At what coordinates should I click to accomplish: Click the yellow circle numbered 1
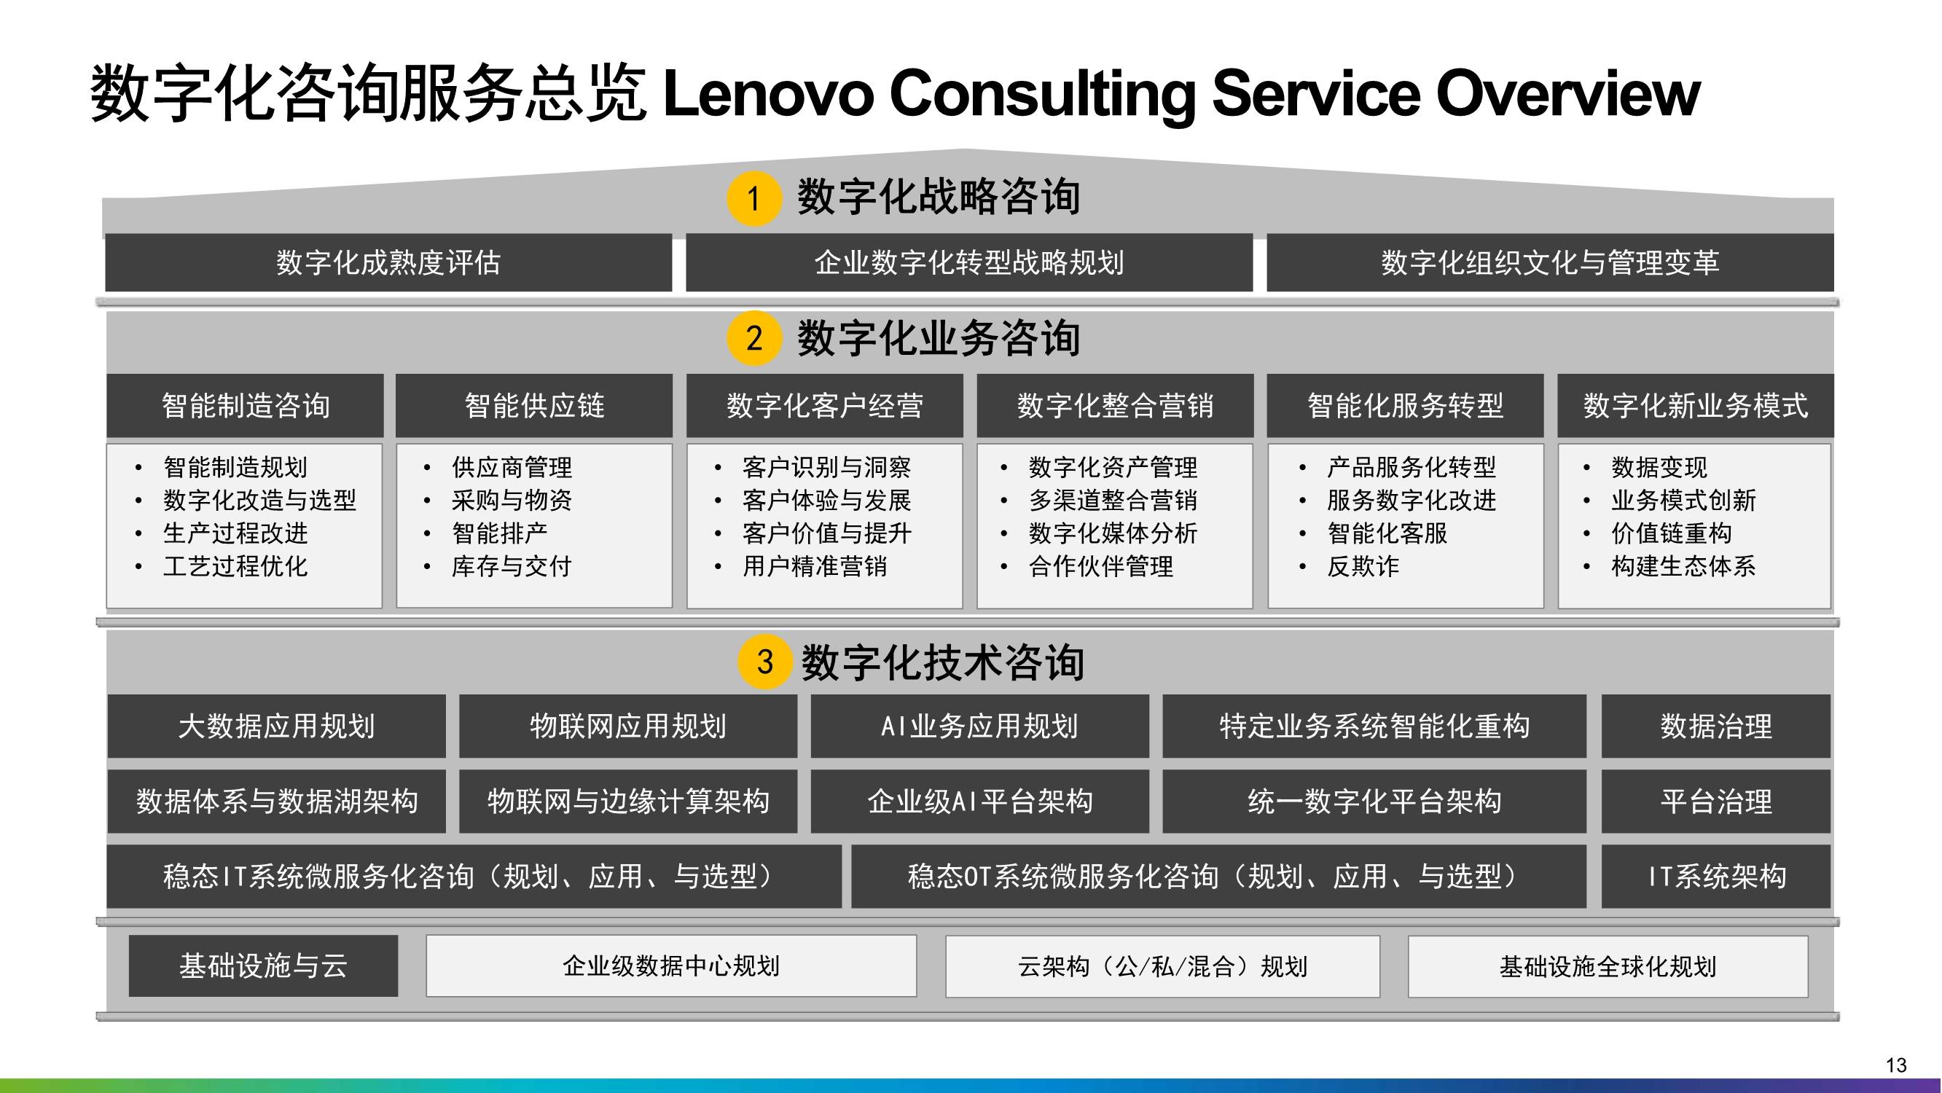[x=754, y=198]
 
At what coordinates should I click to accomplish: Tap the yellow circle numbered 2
[x=754, y=337]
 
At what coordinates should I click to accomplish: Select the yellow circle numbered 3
[x=765, y=662]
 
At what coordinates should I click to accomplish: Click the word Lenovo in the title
[x=768, y=93]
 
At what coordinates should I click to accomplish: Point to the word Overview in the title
[x=1567, y=93]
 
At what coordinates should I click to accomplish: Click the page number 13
[x=1896, y=1065]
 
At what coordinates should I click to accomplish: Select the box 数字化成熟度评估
[x=388, y=262]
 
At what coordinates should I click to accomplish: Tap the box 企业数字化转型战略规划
[x=969, y=262]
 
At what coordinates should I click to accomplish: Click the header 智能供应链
[x=534, y=406]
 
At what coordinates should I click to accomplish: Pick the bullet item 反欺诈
[x=1363, y=566]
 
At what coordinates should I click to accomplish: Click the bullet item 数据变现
[x=1659, y=467]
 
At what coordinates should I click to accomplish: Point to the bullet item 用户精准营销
[x=815, y=566]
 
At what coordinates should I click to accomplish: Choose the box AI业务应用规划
[x=980, y=726]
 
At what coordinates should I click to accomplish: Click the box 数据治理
[x=1716, y=726]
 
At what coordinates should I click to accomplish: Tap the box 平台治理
[x=1716, y=802]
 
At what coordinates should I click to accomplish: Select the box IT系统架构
[x=1716, y=876]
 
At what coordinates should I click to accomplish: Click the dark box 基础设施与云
[x=263, y=965]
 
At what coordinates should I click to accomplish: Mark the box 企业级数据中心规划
[x=671, y=965]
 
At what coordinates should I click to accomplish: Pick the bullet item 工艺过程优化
[x=235, y=566]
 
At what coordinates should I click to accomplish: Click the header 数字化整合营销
[x=1116, y=406]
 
